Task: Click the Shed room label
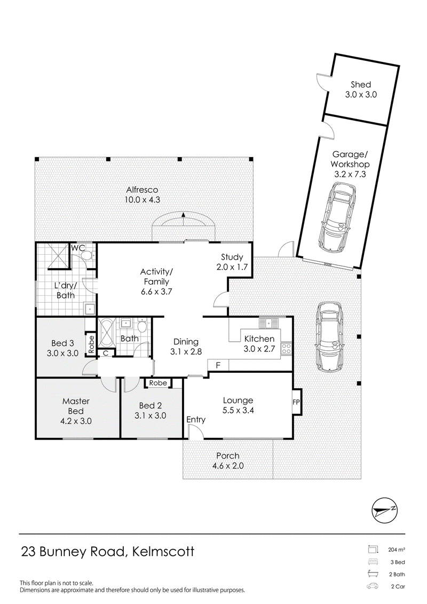pos(361,84)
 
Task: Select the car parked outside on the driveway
pos(329,336)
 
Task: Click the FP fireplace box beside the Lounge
pos(296,402)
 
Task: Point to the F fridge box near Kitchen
pos(218,365)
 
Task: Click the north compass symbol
pos(385,511)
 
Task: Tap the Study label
pos(232,257)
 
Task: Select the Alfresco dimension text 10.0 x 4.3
pos(142,200)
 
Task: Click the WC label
pos(78,248)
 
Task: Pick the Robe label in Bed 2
pos(158,383)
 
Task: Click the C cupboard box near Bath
pos(105,353)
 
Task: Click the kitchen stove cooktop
pos(287,349)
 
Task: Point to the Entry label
pos(196,419)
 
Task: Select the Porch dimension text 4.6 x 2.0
pos(228,466)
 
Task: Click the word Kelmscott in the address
pos(163,552)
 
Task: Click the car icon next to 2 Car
pos(373,587)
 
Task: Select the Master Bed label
pos(76,406)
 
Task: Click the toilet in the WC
pos(89,255)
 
